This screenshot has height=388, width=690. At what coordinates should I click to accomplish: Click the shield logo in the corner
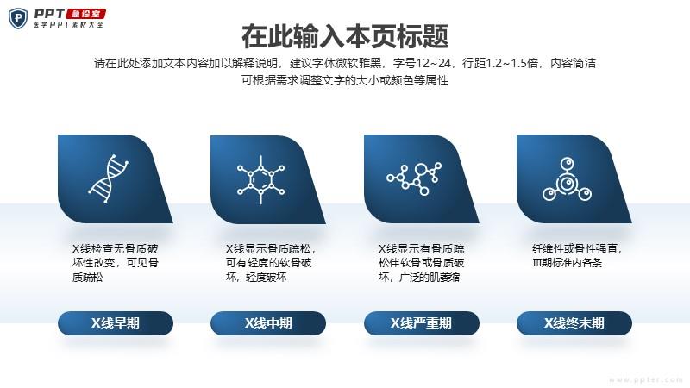click(18, 18)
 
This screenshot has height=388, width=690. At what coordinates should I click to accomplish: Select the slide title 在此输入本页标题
click(345, 36)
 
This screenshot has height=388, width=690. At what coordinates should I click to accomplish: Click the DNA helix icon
click(109, 178)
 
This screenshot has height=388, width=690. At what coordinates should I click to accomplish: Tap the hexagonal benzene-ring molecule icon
click(261, 179)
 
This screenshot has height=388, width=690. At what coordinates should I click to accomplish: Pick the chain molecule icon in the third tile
click(414, 178)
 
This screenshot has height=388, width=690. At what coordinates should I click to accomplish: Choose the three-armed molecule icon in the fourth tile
click(567, 179)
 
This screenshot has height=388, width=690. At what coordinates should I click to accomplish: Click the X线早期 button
click(116, 323)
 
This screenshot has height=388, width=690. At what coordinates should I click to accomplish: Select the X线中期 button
click(268, 323)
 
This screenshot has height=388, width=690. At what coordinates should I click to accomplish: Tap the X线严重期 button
click(421, 323)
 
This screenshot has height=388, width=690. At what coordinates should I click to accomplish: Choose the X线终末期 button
click(574, 323)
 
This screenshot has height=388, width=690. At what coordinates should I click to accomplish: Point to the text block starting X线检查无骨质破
click(116, 263)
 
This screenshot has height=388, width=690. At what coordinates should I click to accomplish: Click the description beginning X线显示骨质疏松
click(271, 263)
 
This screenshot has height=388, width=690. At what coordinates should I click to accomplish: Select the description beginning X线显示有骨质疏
click(422, 263)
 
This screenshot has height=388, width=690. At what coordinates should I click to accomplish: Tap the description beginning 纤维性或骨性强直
click(577, 255)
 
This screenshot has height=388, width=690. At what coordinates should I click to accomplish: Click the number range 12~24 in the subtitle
click(433, 63)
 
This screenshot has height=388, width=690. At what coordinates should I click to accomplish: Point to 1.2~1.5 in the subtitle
click(511, 63)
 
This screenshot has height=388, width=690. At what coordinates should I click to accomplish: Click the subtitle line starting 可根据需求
click(345, 80)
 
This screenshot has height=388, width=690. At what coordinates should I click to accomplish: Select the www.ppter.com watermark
click(646, 379)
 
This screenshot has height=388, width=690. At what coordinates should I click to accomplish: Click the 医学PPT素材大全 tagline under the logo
click(68, 25)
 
